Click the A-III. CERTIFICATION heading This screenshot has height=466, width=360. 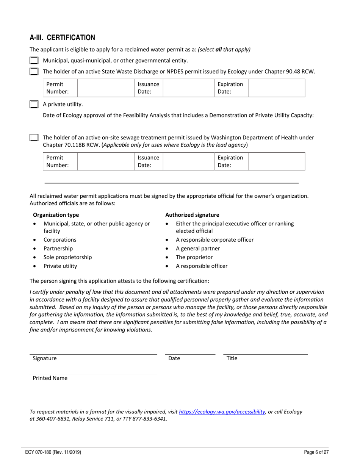pos(62,38)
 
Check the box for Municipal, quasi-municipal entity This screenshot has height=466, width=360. pos(34,61)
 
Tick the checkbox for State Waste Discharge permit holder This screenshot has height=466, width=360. pos(34,72)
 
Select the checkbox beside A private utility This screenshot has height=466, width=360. pos(34,105)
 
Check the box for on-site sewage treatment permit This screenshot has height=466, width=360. pos(34,138)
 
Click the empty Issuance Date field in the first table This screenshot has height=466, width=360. pos(188,88)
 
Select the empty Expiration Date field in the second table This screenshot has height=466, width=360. pos(276,161)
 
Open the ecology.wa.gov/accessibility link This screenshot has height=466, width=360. pos(222,412)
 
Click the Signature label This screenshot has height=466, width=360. pos(45,358)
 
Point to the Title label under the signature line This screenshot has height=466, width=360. pos(232,358)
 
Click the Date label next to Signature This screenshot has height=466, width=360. pos(174,358)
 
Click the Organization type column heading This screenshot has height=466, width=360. pos(56,215)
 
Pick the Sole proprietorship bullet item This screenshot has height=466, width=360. pos(67,257)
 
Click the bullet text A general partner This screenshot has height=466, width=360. pos(198,249)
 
